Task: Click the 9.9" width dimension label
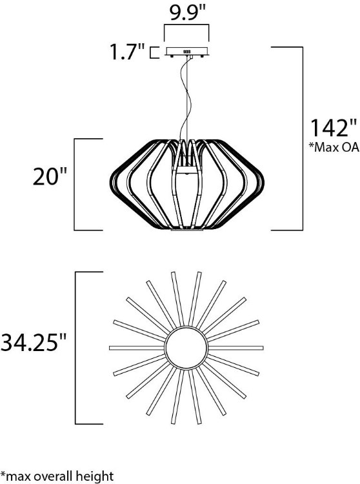pos(187,12)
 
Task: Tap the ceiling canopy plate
pos(187,52)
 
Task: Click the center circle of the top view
pos(187,348)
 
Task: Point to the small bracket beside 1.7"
pos(153,52)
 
